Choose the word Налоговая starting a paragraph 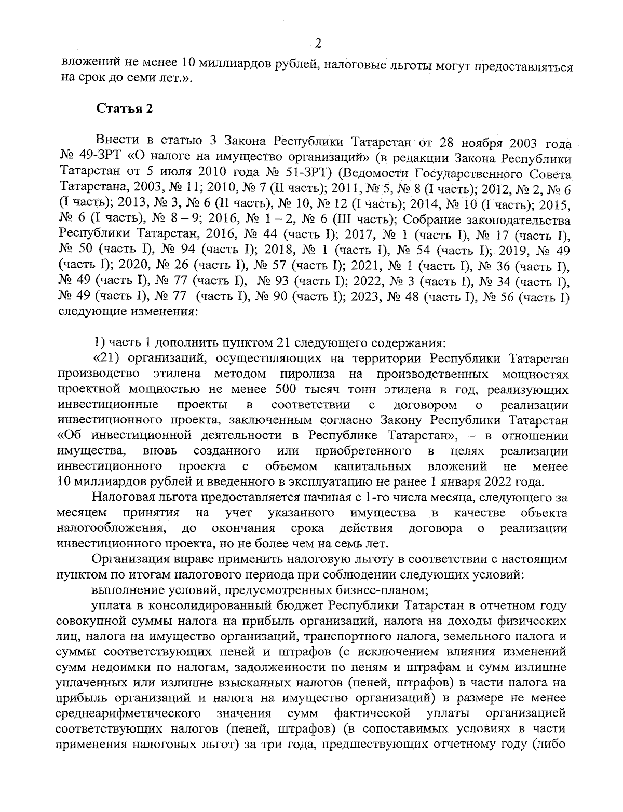tap(121, 497)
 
